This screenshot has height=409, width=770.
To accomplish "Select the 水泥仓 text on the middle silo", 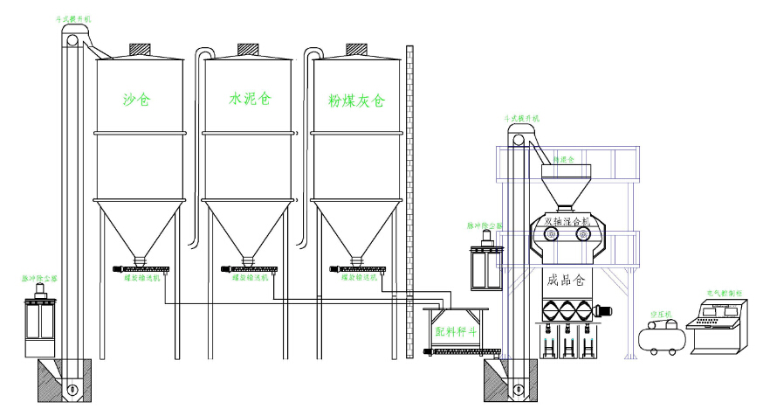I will (x=247, y=98).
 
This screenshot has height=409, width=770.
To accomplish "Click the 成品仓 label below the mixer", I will (x=567, y=281).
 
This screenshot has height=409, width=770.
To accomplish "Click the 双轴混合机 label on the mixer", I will (x=568, y=222).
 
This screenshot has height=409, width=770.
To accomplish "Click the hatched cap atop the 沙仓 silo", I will (x=140, y=50).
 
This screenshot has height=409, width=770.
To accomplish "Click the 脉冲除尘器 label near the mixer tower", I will (x=485, y=225).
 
